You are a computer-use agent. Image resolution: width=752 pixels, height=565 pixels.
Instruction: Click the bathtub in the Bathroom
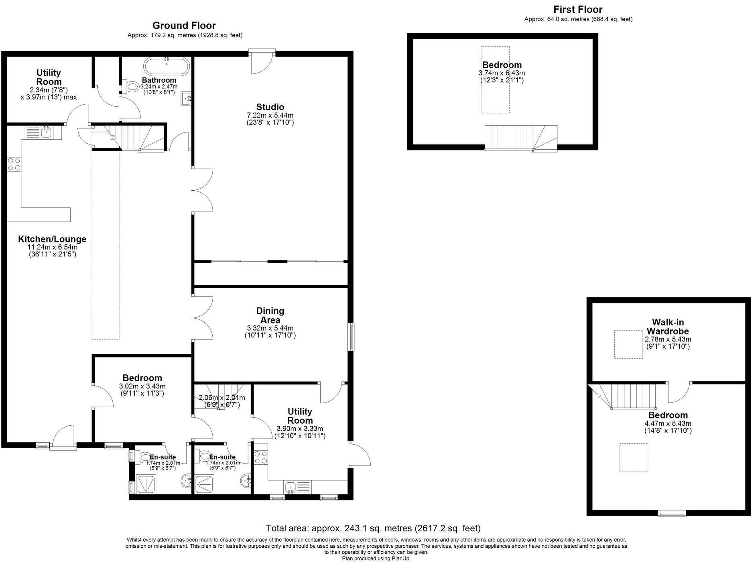point(166,67)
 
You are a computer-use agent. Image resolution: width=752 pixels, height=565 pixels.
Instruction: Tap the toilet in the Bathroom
point(130,86)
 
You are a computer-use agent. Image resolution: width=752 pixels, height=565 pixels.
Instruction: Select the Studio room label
point(270,107)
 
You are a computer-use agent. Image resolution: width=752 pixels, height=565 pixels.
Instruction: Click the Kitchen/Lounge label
point(52,239)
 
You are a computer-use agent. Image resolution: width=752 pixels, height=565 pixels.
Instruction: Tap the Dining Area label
point(270,315)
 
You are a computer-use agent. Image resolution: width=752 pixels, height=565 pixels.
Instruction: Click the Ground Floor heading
point(184,26)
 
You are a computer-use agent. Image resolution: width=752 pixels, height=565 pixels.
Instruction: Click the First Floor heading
point(578,9)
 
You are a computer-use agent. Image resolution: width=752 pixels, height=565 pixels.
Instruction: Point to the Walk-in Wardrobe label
point(668,327)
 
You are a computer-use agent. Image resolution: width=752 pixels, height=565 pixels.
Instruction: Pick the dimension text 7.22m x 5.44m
point(270,116)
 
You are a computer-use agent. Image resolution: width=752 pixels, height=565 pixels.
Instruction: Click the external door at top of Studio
point(262,61)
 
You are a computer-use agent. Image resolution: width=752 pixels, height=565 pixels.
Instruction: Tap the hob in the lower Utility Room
point(261,457)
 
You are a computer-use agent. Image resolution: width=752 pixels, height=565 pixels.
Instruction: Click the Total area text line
point(373,528)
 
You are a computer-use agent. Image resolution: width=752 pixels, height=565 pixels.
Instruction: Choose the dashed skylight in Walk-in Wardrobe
point(628,344)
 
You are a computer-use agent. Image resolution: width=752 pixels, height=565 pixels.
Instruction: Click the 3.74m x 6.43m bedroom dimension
point(502,73)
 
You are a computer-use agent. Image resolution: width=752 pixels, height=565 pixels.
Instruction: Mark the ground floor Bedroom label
point(142,378)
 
